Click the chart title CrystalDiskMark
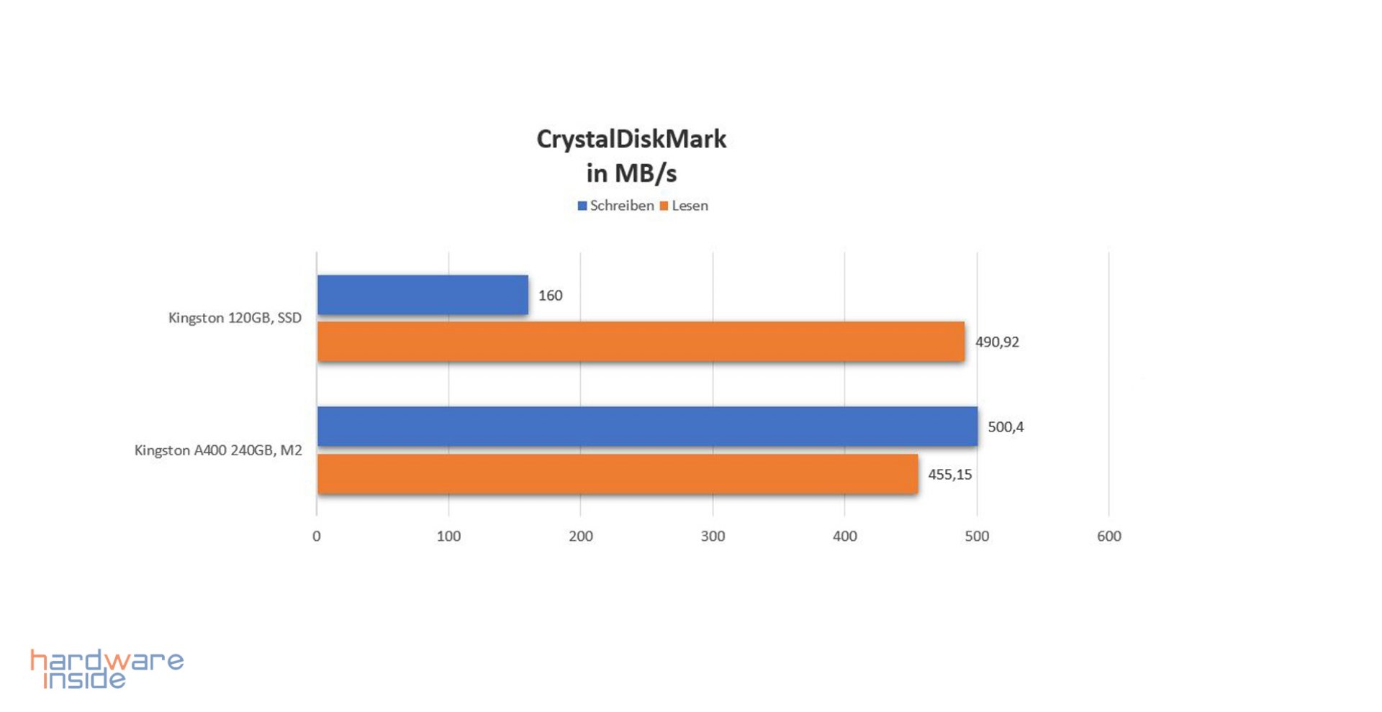[x=631, y=139]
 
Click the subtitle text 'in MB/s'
[x=631, y=173]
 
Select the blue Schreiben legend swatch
[x=582, y=206]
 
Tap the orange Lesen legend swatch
[x=664, y=206]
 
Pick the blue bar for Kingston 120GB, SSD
[x=423, y=295]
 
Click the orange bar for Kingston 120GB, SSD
[x=641, y=342]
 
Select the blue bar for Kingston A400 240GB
[x=647, y=426]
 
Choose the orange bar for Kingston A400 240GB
[x=618, y=474]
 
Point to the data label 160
[x=550, y=296]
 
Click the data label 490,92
[x=997, y=342]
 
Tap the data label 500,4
[x=1006, y=427]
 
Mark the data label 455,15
[x=949, y=475]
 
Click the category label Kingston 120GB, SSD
[x=235, y=318]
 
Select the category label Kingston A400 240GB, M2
[x=218, y=450]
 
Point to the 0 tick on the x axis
[x=317, y=536]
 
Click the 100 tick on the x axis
[x=448, y=536]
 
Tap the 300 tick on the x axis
[x=713, y=536]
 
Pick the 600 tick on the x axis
[x=1108, y=536]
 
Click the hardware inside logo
[x=107, y=669]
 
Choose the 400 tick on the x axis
[x=845, y=536]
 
